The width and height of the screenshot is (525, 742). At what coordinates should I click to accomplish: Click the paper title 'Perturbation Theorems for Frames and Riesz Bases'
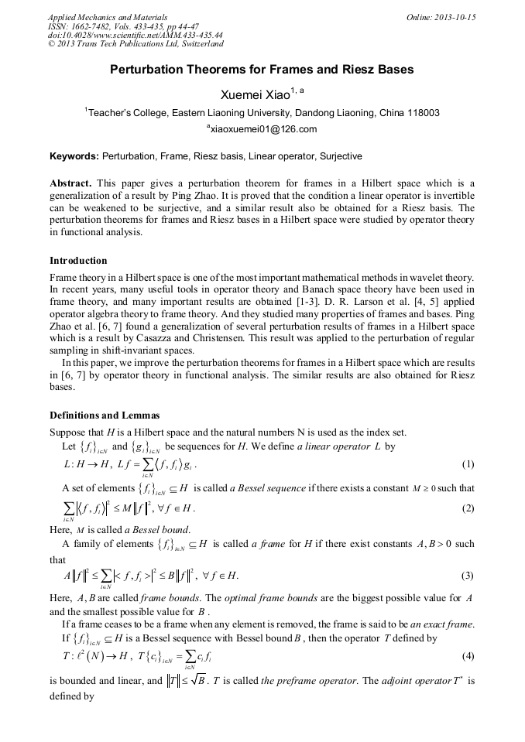pos(262,70)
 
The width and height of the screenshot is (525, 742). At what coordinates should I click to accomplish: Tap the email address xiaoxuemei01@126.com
pos(262,129)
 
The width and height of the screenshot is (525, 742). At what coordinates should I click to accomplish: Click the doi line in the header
pos(135,36)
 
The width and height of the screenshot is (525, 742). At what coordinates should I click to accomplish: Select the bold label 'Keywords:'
pos(74,156)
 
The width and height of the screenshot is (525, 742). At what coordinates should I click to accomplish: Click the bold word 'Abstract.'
pos(71,183)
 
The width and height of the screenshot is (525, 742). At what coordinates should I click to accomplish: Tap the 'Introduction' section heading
pos(78,260)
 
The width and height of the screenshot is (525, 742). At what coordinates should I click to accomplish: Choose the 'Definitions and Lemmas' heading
pos(105,415)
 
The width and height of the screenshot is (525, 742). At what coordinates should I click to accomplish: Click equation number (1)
pos(468,465)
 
